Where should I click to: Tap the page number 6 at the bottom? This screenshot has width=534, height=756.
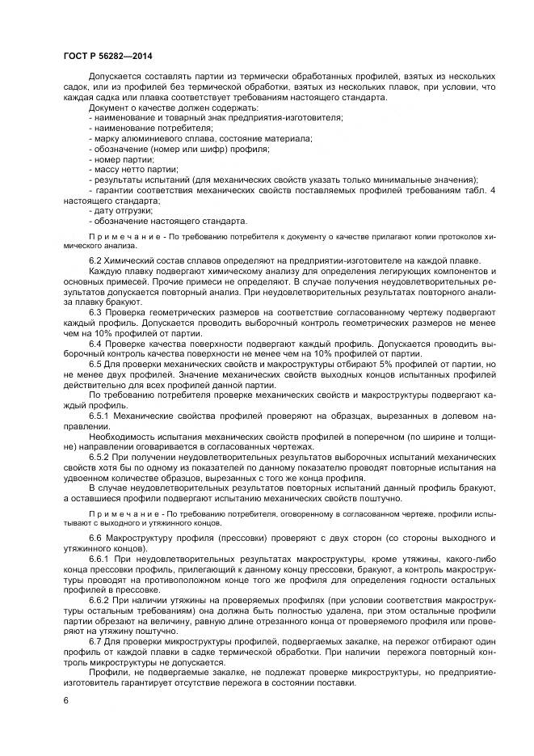(65, 700)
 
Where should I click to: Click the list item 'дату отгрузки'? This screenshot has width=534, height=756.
(120, 210)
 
